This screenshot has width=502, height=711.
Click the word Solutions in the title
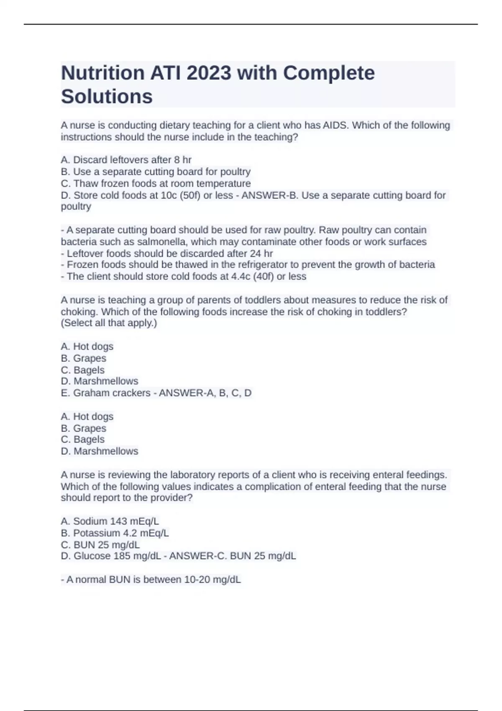107,97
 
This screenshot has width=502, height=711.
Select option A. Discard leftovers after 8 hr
126,160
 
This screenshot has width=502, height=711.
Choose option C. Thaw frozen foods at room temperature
156,184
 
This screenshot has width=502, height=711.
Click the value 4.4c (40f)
252,276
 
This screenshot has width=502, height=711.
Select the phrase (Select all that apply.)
109,323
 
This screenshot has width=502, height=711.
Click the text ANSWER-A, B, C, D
205,393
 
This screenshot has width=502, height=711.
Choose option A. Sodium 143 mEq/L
110,521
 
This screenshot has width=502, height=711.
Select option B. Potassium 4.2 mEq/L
115,533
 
